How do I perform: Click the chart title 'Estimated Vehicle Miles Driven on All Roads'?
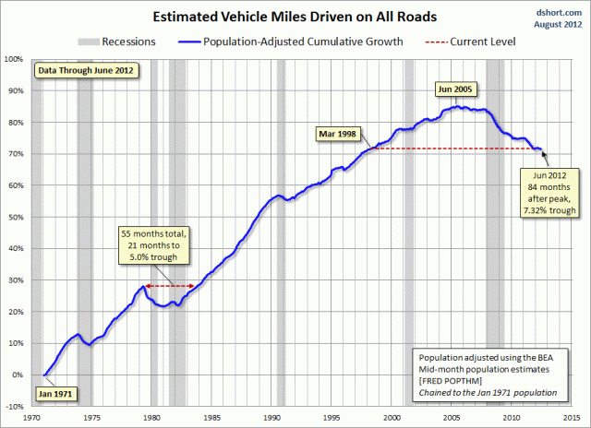coord(295,17)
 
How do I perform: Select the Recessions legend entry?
coord(117,42)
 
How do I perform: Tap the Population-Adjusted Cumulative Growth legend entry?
coord(291,42)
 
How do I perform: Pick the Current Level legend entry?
coord(470,42)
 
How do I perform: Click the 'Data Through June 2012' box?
coord(86,70)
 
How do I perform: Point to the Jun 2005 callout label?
coord(455,89)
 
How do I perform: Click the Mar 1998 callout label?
coord(337,134)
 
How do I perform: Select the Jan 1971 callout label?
coord(55,394)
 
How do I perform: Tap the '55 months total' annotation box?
coord(154,245)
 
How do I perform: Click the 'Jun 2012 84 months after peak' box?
coord(549,193)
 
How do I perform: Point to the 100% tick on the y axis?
coord(14,59)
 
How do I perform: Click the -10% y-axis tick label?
coord(15,407)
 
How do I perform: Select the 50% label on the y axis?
coord(16,217)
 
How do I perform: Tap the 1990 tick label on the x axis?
coord(271,418)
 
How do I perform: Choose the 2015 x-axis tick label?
coord(572,418)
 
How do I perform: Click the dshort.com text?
coord(559,13)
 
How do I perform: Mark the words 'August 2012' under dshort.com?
coord(558,25)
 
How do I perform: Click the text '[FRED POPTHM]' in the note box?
coord(451,381)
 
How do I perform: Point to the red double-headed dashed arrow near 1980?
coord(170,286)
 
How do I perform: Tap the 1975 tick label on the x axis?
coord(92,418)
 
